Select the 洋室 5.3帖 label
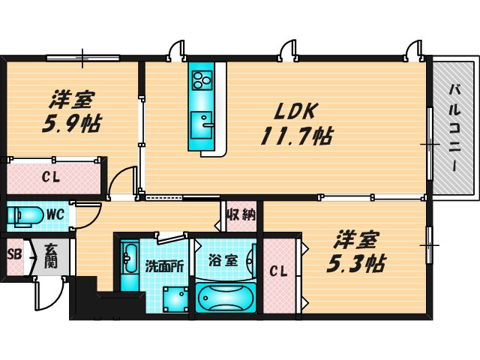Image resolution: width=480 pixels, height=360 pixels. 357,253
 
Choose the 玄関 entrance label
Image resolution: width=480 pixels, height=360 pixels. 49,257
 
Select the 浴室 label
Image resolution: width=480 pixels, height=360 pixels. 223,261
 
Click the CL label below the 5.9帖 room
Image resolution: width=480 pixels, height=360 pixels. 52,178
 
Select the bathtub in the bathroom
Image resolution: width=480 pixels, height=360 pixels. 226,298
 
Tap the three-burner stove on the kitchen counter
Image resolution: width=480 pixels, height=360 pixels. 202,78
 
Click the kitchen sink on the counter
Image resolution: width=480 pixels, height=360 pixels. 202,120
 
